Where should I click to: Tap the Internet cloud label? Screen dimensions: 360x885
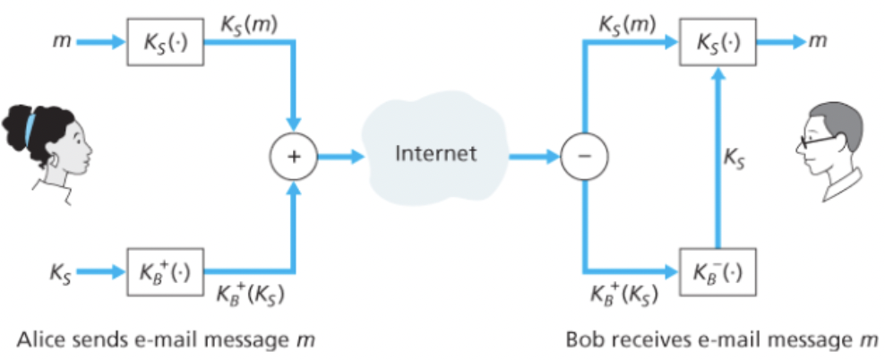(435, 153)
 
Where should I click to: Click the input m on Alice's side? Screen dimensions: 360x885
(58, 41)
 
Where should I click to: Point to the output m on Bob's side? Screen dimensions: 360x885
(818, 41)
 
